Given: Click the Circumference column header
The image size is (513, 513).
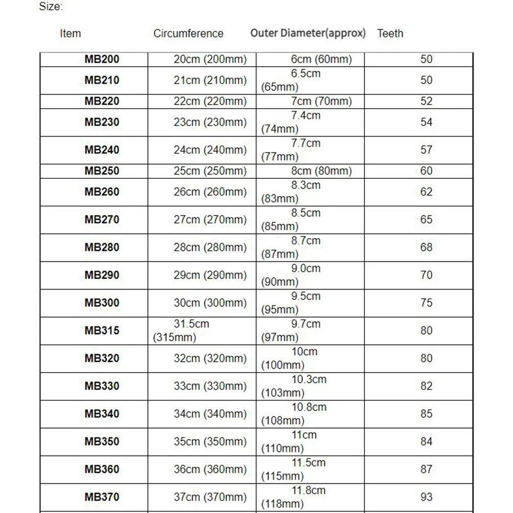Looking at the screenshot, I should (188, 34).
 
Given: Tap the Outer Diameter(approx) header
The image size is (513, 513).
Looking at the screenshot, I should (308, 33).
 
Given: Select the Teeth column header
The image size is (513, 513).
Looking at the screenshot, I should (390, 34).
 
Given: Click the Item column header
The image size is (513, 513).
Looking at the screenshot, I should (70, 34).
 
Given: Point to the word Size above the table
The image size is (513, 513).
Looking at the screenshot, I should (51, 7).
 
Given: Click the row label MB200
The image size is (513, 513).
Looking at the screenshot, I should (101, 59).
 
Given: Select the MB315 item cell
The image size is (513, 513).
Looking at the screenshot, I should (101, 331).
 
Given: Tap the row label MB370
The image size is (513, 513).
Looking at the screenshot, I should (101, 497).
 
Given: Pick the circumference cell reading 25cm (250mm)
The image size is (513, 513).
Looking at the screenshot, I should (210, 171).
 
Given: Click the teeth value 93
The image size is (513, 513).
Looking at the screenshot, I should (426, 497).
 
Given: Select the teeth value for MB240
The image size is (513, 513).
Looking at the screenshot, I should (426, 150).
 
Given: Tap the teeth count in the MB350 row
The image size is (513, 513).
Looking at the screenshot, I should (426, 442).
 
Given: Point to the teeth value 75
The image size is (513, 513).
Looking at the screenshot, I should (426, 303).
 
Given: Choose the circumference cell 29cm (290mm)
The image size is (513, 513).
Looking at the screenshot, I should (210, 275).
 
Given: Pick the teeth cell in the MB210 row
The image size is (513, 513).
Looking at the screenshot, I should (426, 80).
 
